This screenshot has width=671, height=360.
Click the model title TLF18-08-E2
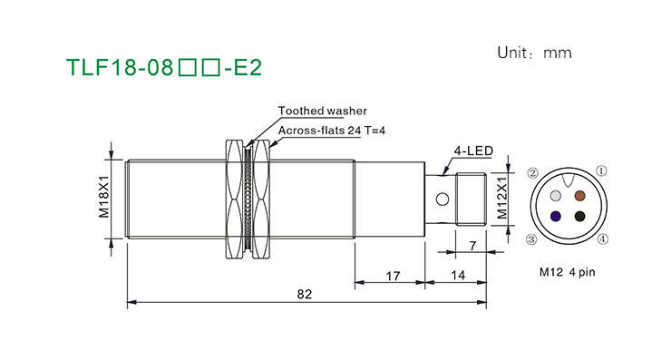tap(164, 67)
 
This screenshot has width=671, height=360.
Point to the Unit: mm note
tap(534, 53)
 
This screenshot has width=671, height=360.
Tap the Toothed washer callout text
tap(323, 111)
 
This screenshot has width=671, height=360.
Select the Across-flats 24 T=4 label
tap(332, 131)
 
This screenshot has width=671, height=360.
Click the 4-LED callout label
tap(473, 151)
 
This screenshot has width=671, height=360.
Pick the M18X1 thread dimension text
tap(104, 197)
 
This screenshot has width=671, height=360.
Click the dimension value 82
tap(305, 294)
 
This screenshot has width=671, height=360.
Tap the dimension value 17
tap(393, 276)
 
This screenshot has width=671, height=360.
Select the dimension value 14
tap(458, 276)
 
